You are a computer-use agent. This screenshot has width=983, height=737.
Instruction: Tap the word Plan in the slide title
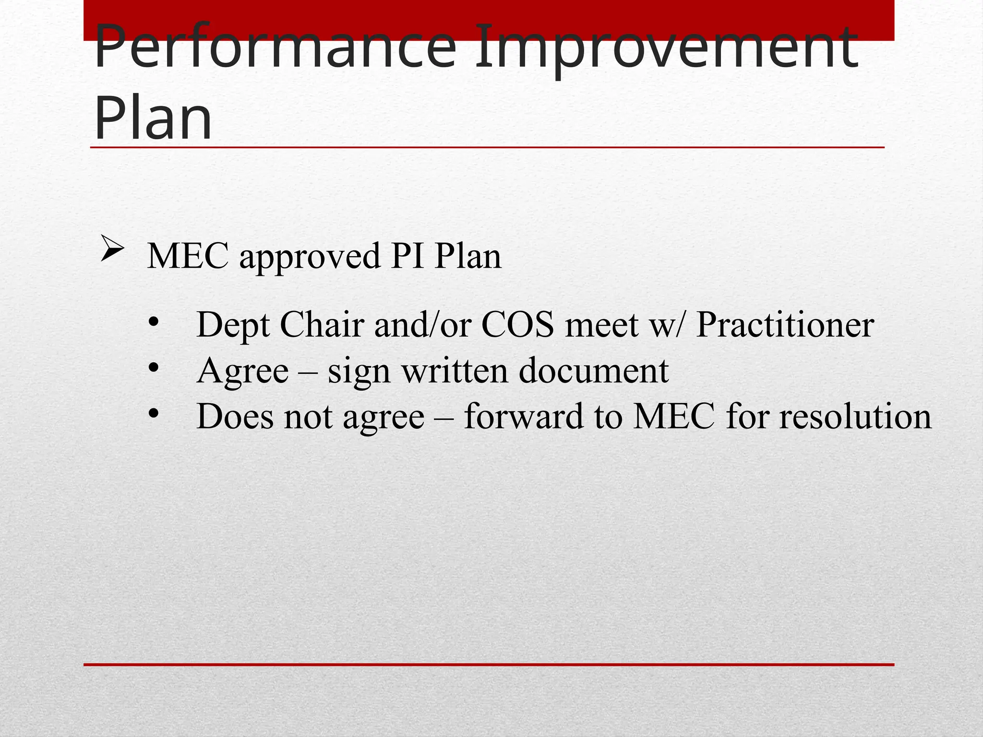tap(153, 118)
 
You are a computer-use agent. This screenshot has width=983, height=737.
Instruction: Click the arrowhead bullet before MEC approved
tap(112, 250)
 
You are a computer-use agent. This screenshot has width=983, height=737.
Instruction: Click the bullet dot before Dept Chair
tap(153, 322)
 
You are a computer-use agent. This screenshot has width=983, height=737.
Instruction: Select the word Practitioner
tap(785, 325)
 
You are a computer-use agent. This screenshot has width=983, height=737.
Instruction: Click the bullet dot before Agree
tap(153, 368)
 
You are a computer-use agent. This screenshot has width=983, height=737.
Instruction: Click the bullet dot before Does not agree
tap(153, 413)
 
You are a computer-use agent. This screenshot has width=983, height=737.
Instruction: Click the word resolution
tap(855, 416)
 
